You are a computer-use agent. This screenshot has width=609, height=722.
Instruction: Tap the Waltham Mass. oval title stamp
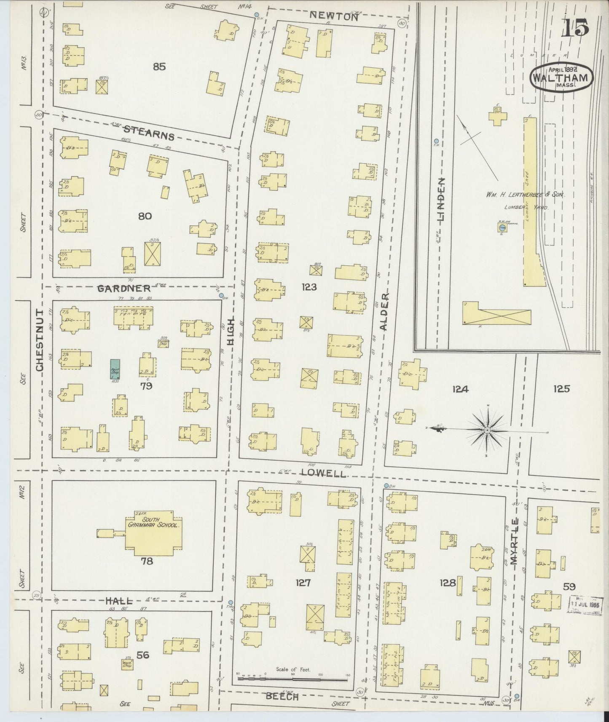562,78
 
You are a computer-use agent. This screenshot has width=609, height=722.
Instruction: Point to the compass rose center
487,430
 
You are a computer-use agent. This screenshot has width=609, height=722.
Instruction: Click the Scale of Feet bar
293,678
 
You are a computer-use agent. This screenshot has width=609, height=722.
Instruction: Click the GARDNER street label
124,289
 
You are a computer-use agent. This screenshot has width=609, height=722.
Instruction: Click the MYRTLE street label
513,542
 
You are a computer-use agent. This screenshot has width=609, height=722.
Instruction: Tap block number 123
309,287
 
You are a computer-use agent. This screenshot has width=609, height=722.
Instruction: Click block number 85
159,67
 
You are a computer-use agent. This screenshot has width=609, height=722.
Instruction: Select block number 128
448,583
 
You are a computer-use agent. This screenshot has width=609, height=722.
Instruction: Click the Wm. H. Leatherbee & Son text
525,195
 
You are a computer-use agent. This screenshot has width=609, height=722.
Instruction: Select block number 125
561,389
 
